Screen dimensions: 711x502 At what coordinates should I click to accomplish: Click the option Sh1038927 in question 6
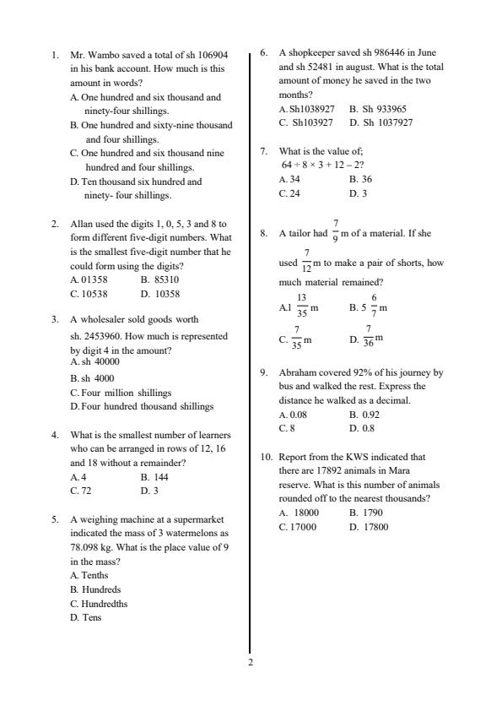pos(309,109)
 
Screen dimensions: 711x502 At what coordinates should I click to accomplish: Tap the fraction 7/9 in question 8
pos(336,232)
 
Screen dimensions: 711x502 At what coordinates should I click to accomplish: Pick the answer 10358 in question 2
pos(164,294)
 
